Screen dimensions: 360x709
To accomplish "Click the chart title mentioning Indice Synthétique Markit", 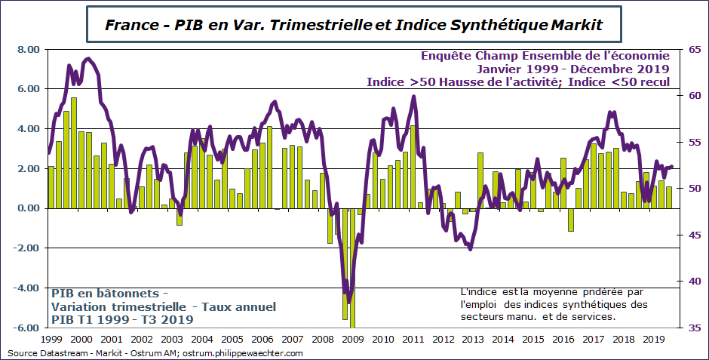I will pos(354,24).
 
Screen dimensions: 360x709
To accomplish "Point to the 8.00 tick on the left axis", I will pos(28,50).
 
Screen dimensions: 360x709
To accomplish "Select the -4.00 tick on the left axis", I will pos(27,288).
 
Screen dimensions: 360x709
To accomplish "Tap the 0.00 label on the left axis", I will pos(28,208).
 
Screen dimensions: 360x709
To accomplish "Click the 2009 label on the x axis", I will pos(352,340).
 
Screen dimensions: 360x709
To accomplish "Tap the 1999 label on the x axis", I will pos(51,340).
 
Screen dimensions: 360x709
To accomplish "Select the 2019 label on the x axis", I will pos(653,340).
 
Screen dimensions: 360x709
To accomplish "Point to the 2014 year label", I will pos(502,340).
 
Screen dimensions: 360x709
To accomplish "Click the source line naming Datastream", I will pos(155,353).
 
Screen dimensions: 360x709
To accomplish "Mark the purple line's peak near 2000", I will pos(88,58).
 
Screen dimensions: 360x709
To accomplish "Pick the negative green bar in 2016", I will pos(571,219).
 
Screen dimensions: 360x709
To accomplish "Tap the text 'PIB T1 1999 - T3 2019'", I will pos(122,320).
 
